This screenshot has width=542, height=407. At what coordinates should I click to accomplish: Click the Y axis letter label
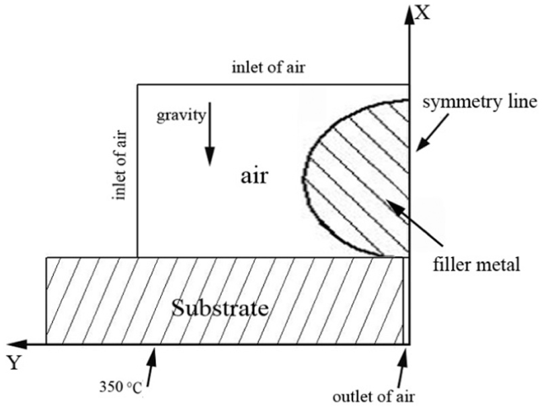tap(13, 363)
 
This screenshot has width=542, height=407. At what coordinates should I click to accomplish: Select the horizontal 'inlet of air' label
tap(268, 67)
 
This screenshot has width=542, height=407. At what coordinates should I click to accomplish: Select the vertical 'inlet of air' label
tap(119, 165)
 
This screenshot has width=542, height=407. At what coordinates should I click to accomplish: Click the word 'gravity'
tap(181, 116)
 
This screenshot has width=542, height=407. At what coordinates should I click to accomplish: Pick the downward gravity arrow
tap(209, 134)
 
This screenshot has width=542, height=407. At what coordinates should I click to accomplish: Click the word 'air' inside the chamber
tap(254, 176)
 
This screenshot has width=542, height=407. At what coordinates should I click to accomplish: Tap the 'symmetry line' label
tap(480, 103)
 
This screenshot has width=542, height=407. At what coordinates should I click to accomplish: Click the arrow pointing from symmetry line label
tap(434, 133)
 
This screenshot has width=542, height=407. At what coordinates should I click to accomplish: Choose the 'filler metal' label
tap(477, 264)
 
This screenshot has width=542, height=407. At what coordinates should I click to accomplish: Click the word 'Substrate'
tap(220, 308)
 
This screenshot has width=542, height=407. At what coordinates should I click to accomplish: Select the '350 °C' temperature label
tap(120, 387)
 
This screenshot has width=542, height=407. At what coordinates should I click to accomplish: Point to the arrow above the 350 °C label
tap(151, 366)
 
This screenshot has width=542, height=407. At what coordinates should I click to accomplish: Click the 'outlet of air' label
tap(373, 397)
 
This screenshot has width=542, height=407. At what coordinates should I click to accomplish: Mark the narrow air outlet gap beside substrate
tap(406, 301)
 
